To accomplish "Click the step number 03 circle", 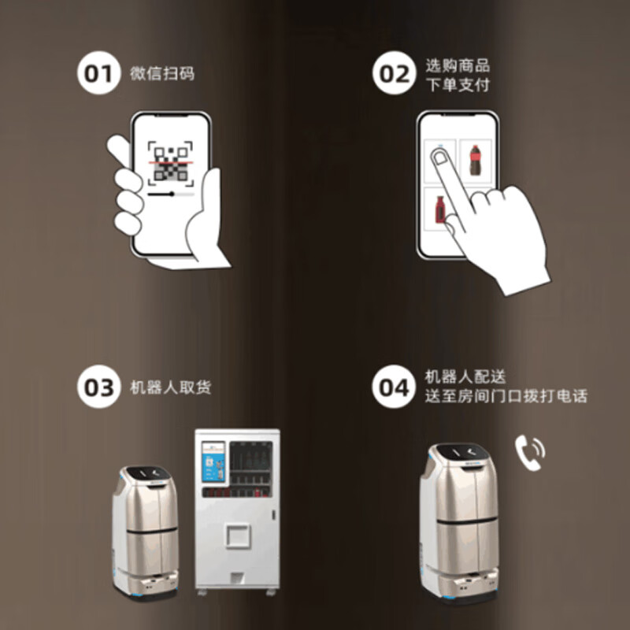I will (x=98, y=387).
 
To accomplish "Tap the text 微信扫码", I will (x=161, y=74).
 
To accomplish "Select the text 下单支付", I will (x=457, y=84).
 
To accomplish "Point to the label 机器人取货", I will (x=170, y=388).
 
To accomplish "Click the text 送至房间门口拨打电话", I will (x=506, y=397).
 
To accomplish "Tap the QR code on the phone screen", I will (x=171, y=163).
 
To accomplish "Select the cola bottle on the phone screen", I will (x=475, y=160).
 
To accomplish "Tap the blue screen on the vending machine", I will (x=213, y=461).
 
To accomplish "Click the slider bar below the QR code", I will (x=171, y=193).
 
